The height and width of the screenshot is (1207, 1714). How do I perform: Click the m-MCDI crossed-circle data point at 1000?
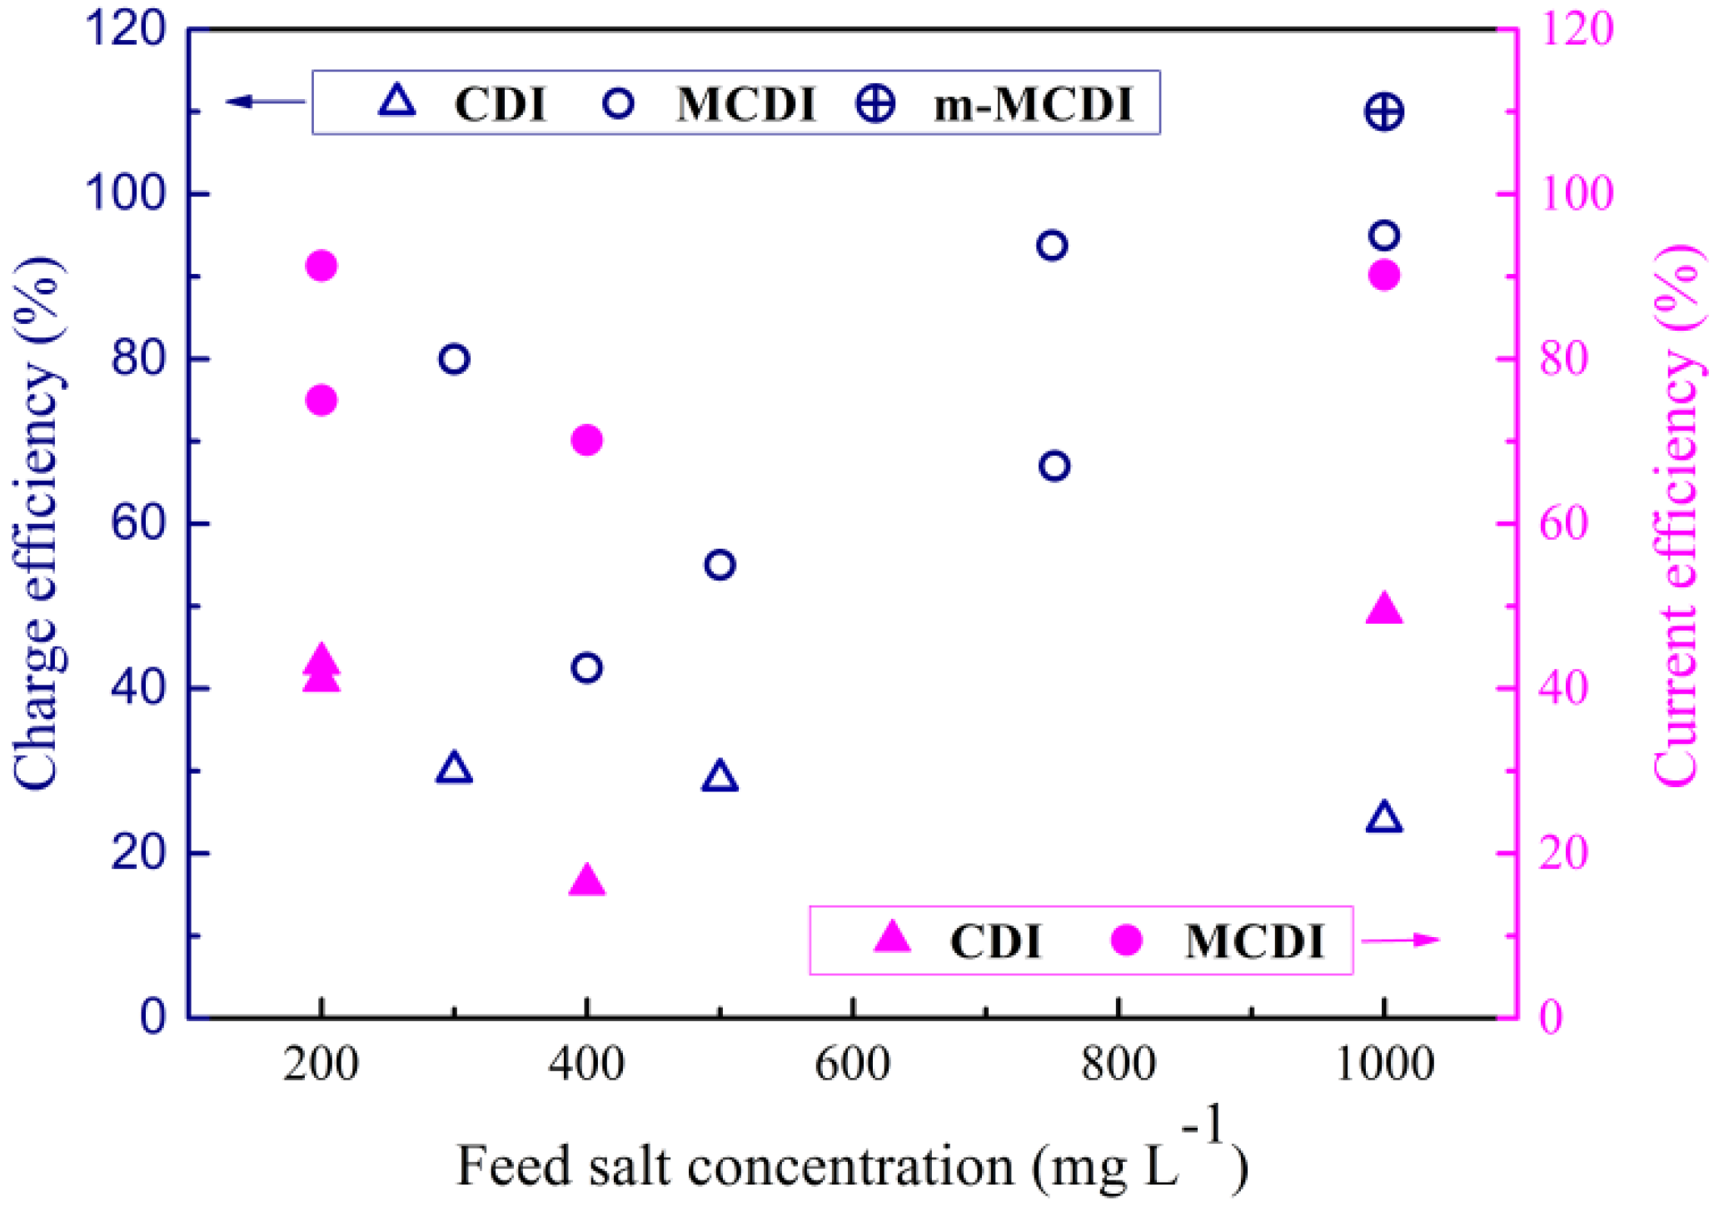(x=1383, y=112)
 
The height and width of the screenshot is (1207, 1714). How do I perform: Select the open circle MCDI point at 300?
(x=454, y=359)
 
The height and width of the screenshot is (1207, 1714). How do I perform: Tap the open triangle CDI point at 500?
(x=720, y=777)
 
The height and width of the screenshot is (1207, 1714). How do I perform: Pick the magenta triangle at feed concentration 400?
(x=586, y=881)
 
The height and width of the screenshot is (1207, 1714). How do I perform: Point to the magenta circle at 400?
(x=586, y=440)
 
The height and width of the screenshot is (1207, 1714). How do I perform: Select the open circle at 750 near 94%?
(x=1052, y=246)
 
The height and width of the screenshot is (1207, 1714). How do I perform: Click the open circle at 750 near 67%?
(x=1054, y=466)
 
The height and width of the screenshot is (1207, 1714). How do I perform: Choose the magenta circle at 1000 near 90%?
(x=1384, y=276)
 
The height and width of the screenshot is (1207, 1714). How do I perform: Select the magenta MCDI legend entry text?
(x=1253, y=942)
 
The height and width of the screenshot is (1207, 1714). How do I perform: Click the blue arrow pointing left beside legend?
(x=265, y=102)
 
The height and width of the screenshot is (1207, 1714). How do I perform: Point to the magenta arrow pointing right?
(x=1401, y=940)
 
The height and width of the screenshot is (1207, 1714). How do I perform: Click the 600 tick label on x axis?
(x=852, y=1065)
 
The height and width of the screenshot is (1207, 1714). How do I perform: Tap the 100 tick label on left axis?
(x=124, y=194)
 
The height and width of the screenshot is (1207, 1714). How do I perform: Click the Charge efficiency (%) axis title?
(x=37, y=523)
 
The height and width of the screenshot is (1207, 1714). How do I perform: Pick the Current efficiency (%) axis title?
(x=1674, y=516)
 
